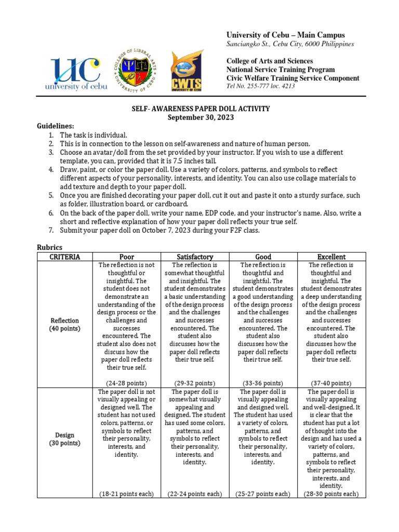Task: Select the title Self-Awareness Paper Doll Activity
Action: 200,109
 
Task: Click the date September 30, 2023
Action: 200,117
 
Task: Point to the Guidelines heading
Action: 56,126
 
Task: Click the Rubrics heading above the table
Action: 50,247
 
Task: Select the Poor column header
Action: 127,257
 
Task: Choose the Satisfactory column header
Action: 194,257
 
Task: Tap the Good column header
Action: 263,257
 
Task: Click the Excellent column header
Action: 331,257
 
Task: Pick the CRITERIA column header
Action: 64,257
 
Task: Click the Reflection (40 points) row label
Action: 64,325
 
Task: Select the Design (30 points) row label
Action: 64,439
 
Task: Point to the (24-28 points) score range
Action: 127,383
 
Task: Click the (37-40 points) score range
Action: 331,383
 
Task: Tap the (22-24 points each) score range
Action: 194,494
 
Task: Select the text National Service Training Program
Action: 281,70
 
